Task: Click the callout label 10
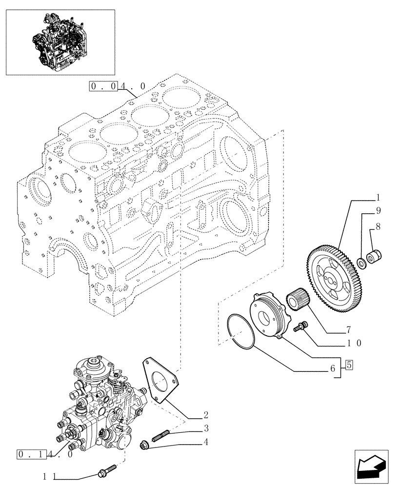[354, 343]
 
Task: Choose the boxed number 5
[349, 365]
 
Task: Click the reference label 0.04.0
[118, 86]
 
